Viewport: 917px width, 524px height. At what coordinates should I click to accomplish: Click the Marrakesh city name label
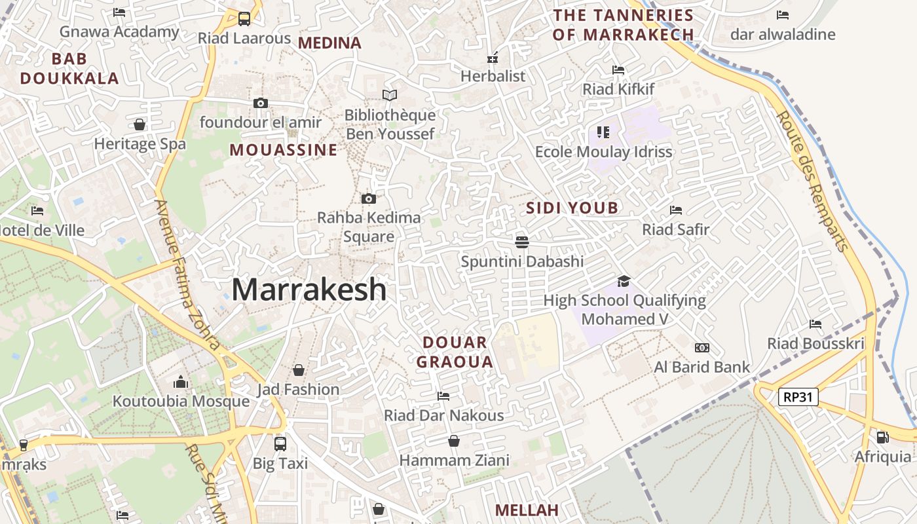[309, 290]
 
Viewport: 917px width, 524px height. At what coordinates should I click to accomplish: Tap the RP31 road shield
[798, 396]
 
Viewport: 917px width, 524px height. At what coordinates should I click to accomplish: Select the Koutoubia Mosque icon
[181, 382]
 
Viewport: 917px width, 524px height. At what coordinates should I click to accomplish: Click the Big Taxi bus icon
[280, 443]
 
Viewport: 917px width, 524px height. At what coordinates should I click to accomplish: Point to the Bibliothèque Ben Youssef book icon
[390, 96]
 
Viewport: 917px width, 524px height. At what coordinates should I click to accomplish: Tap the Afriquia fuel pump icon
[882, 437]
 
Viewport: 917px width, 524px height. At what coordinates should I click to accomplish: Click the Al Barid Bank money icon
[702, 348]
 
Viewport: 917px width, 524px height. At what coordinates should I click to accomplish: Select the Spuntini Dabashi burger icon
[522, 242]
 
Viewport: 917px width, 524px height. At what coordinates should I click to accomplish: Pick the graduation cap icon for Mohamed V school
[624, 281]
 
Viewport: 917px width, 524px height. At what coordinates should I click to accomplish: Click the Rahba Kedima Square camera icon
[369, 198]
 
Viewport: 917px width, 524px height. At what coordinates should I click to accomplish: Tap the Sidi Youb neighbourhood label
[572, 208]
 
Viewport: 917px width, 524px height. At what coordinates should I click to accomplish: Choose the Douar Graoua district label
[455, 352]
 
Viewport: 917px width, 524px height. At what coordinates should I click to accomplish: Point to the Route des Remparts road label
[812, 181]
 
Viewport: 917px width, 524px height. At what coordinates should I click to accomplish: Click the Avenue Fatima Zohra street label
[187, 275]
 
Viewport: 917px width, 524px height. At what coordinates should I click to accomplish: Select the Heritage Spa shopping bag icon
[140, 124]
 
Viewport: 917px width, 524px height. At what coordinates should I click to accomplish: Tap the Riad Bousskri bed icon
[815, 324]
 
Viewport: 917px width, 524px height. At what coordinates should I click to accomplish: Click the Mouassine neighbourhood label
[284, 150]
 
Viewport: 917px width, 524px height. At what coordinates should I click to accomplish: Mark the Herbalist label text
[493, 76]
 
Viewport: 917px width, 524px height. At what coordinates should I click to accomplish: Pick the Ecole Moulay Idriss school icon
[603, 132]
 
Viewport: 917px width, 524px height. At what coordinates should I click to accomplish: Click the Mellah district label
[527, 510]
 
